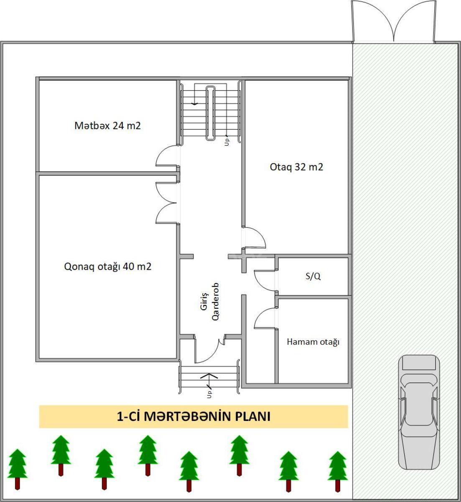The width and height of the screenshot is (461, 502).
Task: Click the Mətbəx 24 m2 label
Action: tap(107, 125)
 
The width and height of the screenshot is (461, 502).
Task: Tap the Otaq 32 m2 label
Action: tap(296, 166)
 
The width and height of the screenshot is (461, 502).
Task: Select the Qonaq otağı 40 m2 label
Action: tap(107, 266)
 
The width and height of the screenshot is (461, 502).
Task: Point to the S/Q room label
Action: tap(313, 276)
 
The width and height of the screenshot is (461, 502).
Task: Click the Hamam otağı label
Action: tap(313, 342)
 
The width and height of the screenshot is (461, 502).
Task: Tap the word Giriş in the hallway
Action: tap(204, 301)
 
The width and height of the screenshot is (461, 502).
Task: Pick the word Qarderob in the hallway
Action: tap(215, 302)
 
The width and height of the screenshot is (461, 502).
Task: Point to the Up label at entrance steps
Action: tap(209, 394)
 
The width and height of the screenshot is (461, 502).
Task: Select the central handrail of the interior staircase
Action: tap(210, 113)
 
